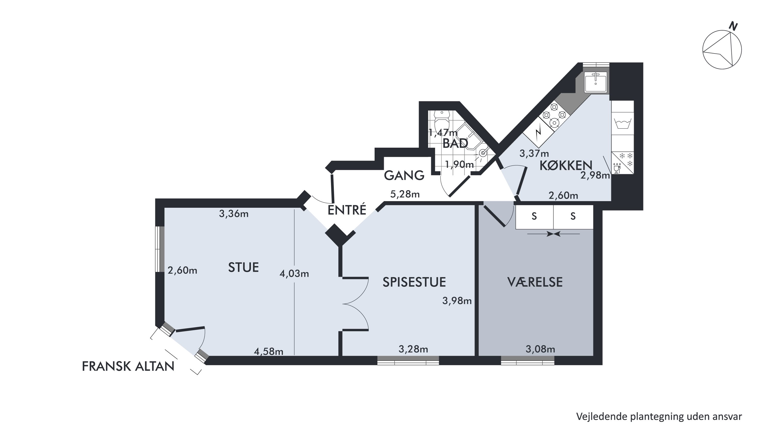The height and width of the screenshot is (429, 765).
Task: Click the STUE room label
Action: tap(243, 267)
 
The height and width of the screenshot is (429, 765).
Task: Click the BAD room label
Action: tap(455, 144)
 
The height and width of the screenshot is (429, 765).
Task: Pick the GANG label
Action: tap(404, 175)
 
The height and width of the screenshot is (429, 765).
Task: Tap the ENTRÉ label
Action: tap(347, 210)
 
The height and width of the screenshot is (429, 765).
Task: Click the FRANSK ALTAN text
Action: tap(128, 366)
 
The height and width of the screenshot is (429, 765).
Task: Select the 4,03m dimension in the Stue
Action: tap(294, 273)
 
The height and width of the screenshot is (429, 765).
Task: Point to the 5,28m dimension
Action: tap(405, 194)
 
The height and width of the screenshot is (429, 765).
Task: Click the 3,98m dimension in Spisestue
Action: tap(457, 301)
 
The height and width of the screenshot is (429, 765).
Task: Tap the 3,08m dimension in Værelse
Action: tap(540, 349)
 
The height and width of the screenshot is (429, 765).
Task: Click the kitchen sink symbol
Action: tap(595, 82)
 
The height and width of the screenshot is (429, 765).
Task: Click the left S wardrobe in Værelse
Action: tap(534, 217)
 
